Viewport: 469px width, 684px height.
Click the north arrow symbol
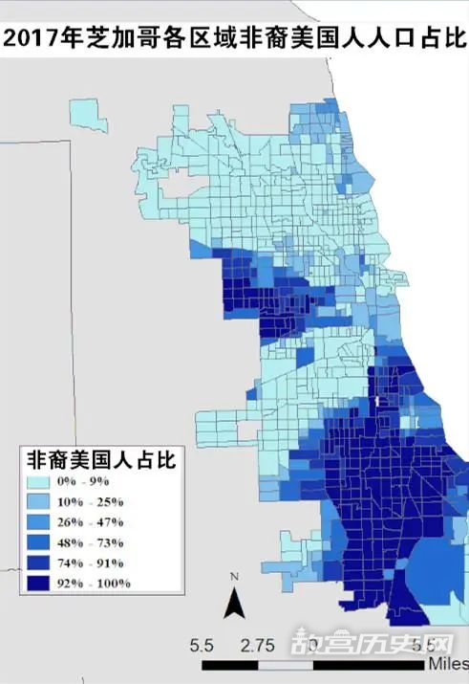coord(233,603)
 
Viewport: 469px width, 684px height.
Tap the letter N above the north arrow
coord(233,576)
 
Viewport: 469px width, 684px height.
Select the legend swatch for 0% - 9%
coord(41,482)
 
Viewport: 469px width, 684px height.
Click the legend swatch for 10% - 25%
coord(41,502)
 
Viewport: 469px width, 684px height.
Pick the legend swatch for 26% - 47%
coord(41,522)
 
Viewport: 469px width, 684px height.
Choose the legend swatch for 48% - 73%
coord(41,542)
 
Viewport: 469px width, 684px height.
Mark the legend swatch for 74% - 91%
coord(41,563)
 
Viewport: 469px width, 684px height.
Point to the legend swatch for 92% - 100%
coord(41,583)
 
